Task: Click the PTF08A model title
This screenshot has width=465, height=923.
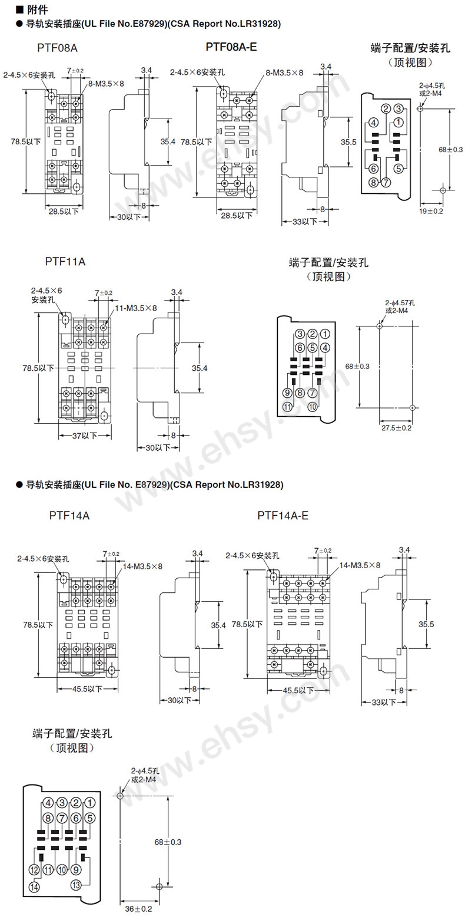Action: (x=57, y=48)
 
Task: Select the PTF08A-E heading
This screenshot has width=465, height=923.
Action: (x=231, y=47)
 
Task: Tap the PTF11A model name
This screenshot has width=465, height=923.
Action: (x=65, y=262)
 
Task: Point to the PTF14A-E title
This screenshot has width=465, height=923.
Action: (x=283, y=516)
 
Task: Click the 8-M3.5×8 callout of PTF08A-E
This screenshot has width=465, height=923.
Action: (x=284, y=73)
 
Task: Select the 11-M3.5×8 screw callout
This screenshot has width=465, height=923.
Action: (x=136, y=308)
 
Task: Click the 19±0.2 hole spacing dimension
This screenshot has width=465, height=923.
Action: (x=431, y=211)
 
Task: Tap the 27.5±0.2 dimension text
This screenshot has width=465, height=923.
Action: (x=396, y=428)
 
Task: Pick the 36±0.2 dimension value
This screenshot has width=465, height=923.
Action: (x=138, y=909)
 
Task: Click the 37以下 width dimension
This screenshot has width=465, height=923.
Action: (x=85, y=436)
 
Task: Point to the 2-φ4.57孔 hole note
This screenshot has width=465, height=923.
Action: (x=400, y=303)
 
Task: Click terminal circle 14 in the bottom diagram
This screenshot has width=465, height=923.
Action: (x=34, y=886)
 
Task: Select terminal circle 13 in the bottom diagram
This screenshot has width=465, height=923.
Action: (x=76, y=884)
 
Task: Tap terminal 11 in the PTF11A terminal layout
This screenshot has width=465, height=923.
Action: (x=287, y=407)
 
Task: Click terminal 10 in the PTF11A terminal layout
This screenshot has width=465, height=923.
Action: (x=313, y=407)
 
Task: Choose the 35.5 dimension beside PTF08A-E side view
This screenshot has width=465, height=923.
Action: (x=348, y=142)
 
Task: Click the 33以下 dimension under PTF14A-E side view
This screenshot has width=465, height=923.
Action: (x=384, y=702)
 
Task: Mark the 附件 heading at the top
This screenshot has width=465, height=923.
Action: (x=38, y=9)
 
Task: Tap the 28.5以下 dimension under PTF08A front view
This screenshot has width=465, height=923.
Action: (x=64, y=212)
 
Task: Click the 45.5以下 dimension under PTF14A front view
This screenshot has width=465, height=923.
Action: (x=87, y=688)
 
